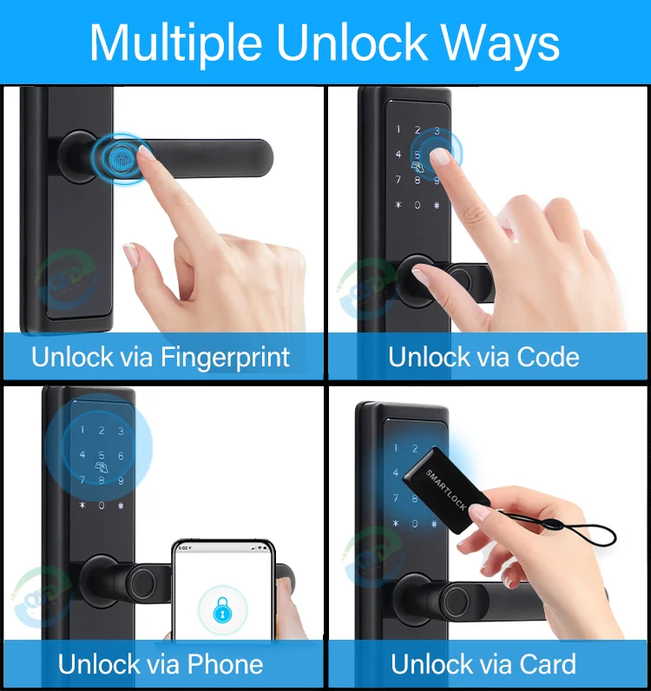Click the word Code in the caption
548,357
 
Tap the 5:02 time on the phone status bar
183,548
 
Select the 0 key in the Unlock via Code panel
418,206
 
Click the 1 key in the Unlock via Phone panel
83,431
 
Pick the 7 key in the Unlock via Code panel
398,181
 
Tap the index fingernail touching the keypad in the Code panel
441,156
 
